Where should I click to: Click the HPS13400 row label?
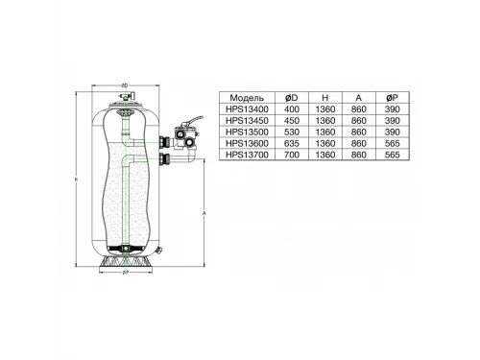247,111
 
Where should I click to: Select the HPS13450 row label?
247,123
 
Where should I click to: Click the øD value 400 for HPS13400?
293,111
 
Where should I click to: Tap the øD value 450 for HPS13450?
293,123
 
